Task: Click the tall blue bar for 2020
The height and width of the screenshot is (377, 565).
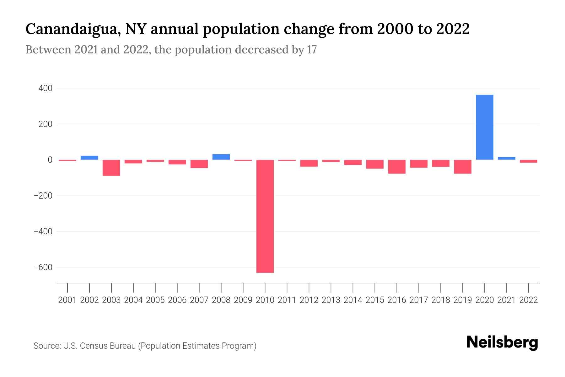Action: coord(484,127)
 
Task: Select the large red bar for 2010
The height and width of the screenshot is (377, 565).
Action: coord(265,216)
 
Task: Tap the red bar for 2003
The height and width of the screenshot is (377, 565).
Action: coord(111,168)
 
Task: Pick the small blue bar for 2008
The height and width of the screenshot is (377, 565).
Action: coord(221,157)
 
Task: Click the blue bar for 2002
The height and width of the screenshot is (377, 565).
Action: coord(89,158)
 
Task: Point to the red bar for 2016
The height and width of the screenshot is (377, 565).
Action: coord(397,167)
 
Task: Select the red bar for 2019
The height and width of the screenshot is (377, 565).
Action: coord(462,167)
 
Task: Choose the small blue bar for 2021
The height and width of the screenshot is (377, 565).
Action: coord(506,158)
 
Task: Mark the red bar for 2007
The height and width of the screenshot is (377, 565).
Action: coord(199,164)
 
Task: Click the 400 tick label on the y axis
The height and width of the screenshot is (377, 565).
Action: coord(45,89)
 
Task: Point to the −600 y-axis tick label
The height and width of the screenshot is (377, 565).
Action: coord(43,267)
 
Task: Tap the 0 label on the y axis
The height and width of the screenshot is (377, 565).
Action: coord(50,160)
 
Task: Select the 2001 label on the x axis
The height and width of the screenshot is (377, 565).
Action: coord(67,300)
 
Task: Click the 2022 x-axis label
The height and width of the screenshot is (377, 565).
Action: coord(529,300)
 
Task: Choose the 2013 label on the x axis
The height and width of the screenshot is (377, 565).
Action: coord(331,300)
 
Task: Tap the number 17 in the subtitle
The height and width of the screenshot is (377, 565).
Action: coord(312,50)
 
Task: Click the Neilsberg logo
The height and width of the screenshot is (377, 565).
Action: coord(502,342)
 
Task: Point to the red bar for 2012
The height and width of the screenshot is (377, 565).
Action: coord(309,163)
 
